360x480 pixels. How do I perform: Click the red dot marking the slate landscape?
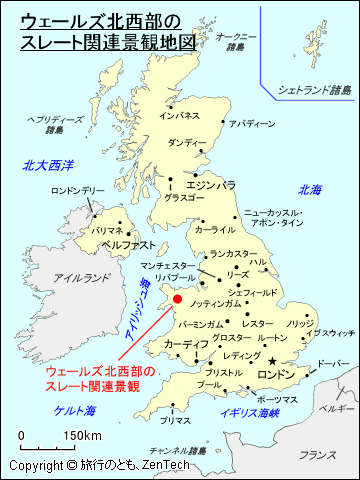[177, 299]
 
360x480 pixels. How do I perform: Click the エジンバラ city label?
[210, 185]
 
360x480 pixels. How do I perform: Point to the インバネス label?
[180, 116]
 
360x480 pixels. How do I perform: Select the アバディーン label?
[251, 124]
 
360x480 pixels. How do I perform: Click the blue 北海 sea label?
[310, 189]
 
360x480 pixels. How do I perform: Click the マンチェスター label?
[170, 266]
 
